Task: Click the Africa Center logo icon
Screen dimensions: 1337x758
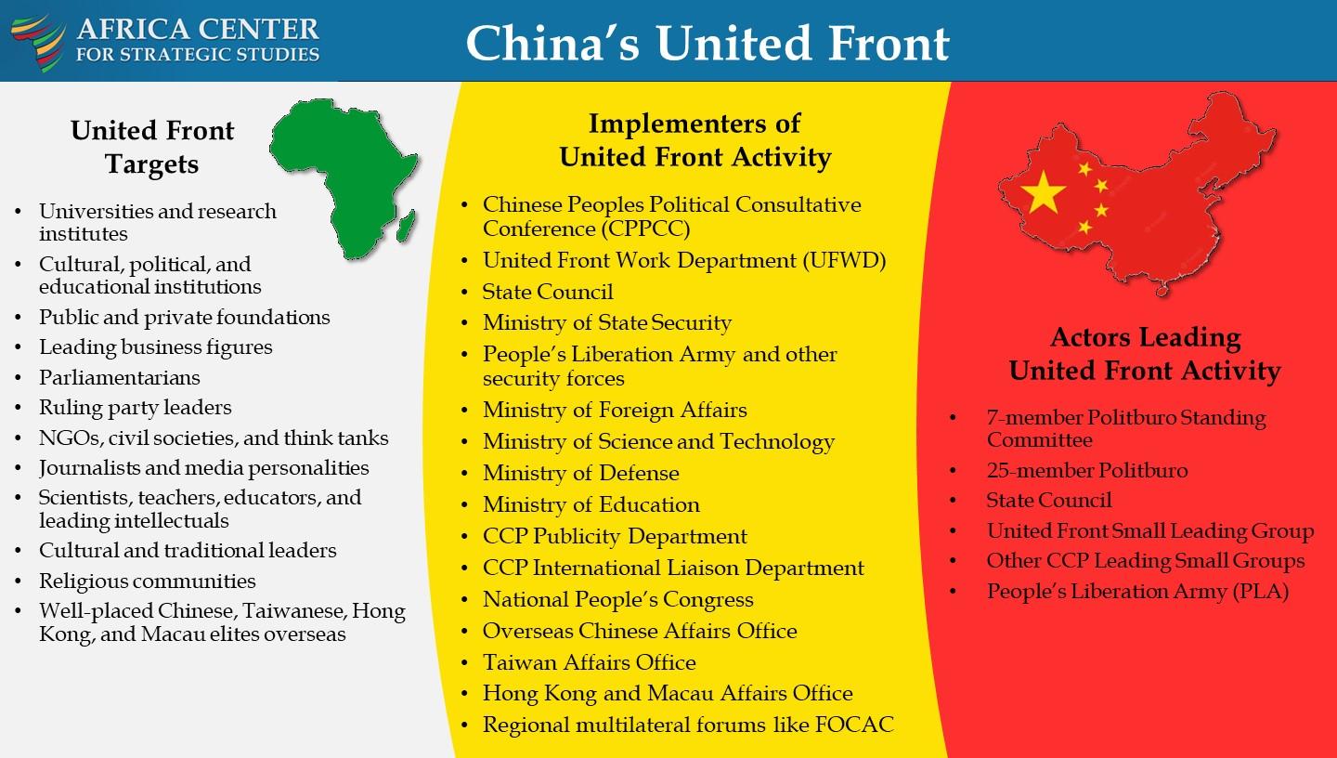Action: pyautogui.click(x=38, y=43)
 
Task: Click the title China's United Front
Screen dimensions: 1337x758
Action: pyautogui.click(x=707, y=43)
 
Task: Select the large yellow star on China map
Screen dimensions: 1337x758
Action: pyautogui.click(x=1043, y=192)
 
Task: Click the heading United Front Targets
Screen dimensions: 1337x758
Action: pyautogui.click(x=152, y=147)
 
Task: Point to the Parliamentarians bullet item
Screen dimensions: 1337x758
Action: pyautogui.click(x=120, y=377)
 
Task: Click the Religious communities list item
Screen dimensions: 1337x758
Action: pyautogui.click(x=148, y=581)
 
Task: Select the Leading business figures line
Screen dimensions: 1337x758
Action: pyautogui.click(x=156, y=347)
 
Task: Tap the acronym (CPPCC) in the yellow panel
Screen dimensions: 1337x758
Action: pyautogui.click(x=646, y=229)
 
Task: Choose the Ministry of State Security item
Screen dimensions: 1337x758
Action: pyautogui.click(x=607, y=322)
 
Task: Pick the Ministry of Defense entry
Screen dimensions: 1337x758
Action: pyautogui.click(x=581, y=473)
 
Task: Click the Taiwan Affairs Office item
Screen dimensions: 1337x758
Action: pyautogui.click(x=589, y=662)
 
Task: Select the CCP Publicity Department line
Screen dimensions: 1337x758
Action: pyautogui.click(x=615, y=536)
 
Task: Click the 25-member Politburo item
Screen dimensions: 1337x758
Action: pyautogui.click(x=1087, y=470)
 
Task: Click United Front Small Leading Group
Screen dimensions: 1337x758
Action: pyautogui.click(x=1150, y=530)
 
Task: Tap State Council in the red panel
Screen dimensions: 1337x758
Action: pyautogui.click(x=1049, y=500)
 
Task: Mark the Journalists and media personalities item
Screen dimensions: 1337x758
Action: pyautogui.click(x=204, y=467)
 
